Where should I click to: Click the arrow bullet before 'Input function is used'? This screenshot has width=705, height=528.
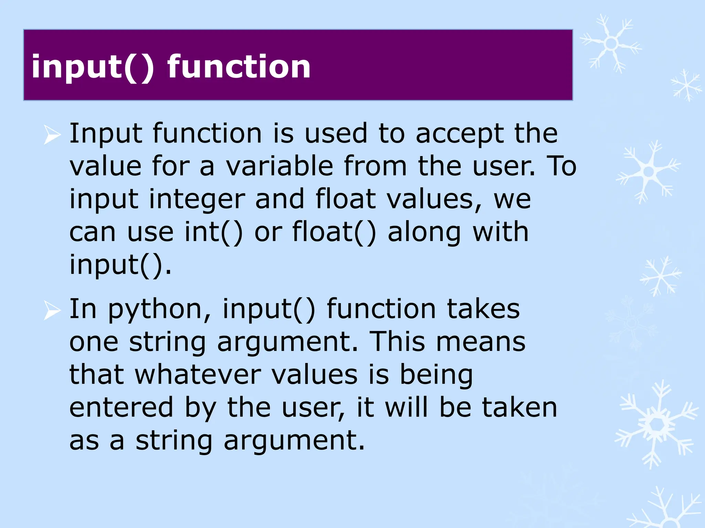pyautogui.click(x=52, y=135)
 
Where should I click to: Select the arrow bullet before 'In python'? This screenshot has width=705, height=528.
pyautogui.click(x=52, y=311)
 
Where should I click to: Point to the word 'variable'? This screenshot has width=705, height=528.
pyautogui.click(x=280, y=166)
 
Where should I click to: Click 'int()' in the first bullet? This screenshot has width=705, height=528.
pyautogui.click(x=214, y=232)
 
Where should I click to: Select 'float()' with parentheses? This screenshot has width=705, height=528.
pyautogui.click(x=334, y=232)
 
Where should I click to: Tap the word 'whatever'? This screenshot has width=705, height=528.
pyautogui.click(x=198, y=375)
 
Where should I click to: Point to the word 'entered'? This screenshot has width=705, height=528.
pyautogui.click(x=121, y=407)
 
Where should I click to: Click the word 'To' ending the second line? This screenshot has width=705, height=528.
pyautogui.click(x=561, y=166)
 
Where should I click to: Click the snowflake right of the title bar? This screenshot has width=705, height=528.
pyautogui.click(x=611, y=44)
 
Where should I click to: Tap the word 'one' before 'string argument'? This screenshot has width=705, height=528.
pyautogui.click(x=94, y=342)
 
